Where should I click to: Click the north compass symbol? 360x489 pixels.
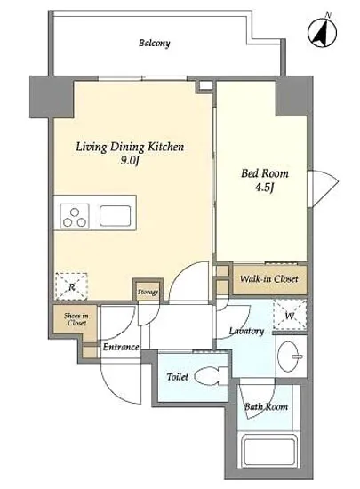pyautogui.click(x=323, y=31)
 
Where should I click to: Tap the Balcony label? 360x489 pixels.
pyautogui.click(x=155, y=43)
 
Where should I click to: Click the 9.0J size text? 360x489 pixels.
pyautogui.click(x=130, y=161)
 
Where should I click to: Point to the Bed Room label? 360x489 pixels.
pyautogui.click(x=265, y=173)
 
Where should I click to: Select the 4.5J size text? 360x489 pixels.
pyautogui.click(x=265, y=188)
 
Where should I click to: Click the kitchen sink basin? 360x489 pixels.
pyautogui.click(x=115, y=215)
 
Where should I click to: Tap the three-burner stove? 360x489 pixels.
pyautogui.click(x=75, y=216)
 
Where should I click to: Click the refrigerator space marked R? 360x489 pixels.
pyautogui.click(x=71, y=286)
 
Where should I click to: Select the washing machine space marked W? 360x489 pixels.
pyautogui.click(x=290, y=315)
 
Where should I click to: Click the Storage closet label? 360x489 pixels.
pyautogui.click(x=148, y=293)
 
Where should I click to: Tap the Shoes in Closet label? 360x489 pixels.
pyautogui.click(x=76, y=319)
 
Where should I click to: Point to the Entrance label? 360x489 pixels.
pyautogui.click(x=121, y=347)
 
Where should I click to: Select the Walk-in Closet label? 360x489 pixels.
pyautogui.click(x=268, y=278)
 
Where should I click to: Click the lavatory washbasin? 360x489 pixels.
pyautogui.click(x=290, y=357)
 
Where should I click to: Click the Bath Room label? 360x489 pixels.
pyautogui.click(x=266, y=406)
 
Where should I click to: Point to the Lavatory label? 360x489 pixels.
pyautogui.click(x=246, y=331)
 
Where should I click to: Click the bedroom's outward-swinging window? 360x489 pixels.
pyautogui.click(x=323, y=188)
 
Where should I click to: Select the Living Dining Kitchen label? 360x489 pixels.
pyautogui.click(x=130, y=147)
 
